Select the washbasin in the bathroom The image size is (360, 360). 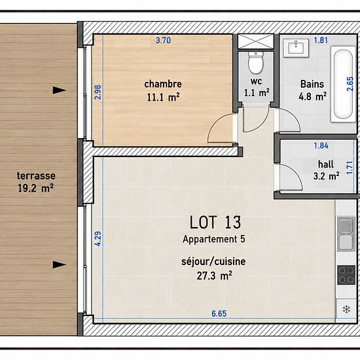pyautogui.click(x=296, y=48)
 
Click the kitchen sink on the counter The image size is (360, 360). pyautogui.click(x=346, y=234)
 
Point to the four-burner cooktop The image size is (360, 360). pyautogui.click(x=346, y=275)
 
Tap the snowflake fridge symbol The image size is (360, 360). pyautogui.click(x=346, y=309)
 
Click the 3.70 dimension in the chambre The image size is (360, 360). pyautogui.click(x=163, y=41)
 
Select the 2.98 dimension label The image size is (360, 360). pyautogui.click(x=98, y=92)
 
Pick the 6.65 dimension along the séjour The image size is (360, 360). pyautogui.click(x=219, y=314)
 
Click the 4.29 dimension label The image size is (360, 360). pyautogui.click(x=98, y=239)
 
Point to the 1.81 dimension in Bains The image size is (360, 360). pyautogui.click(x=321, y=41)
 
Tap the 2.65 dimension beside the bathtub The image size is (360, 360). pyautogui.click(x=350, y=84)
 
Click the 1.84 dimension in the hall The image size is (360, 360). pyautogui.click(x=321, y=145)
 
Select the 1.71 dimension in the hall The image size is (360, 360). pyautogui.click(x=350, y=168)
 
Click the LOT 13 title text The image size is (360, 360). pyautogui.click(x=215, y=223)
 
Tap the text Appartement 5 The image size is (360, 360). pyautogui.click(x=214, y=239)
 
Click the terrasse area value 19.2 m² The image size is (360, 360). pyautogui.click(x=35, y=189)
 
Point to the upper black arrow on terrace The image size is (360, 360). pyautogui.click(x=60, y=90)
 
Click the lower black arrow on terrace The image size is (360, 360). pyautogui.click(x=60, y=264)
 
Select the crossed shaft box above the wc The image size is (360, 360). pyautogui.click(x=256, y=41)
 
